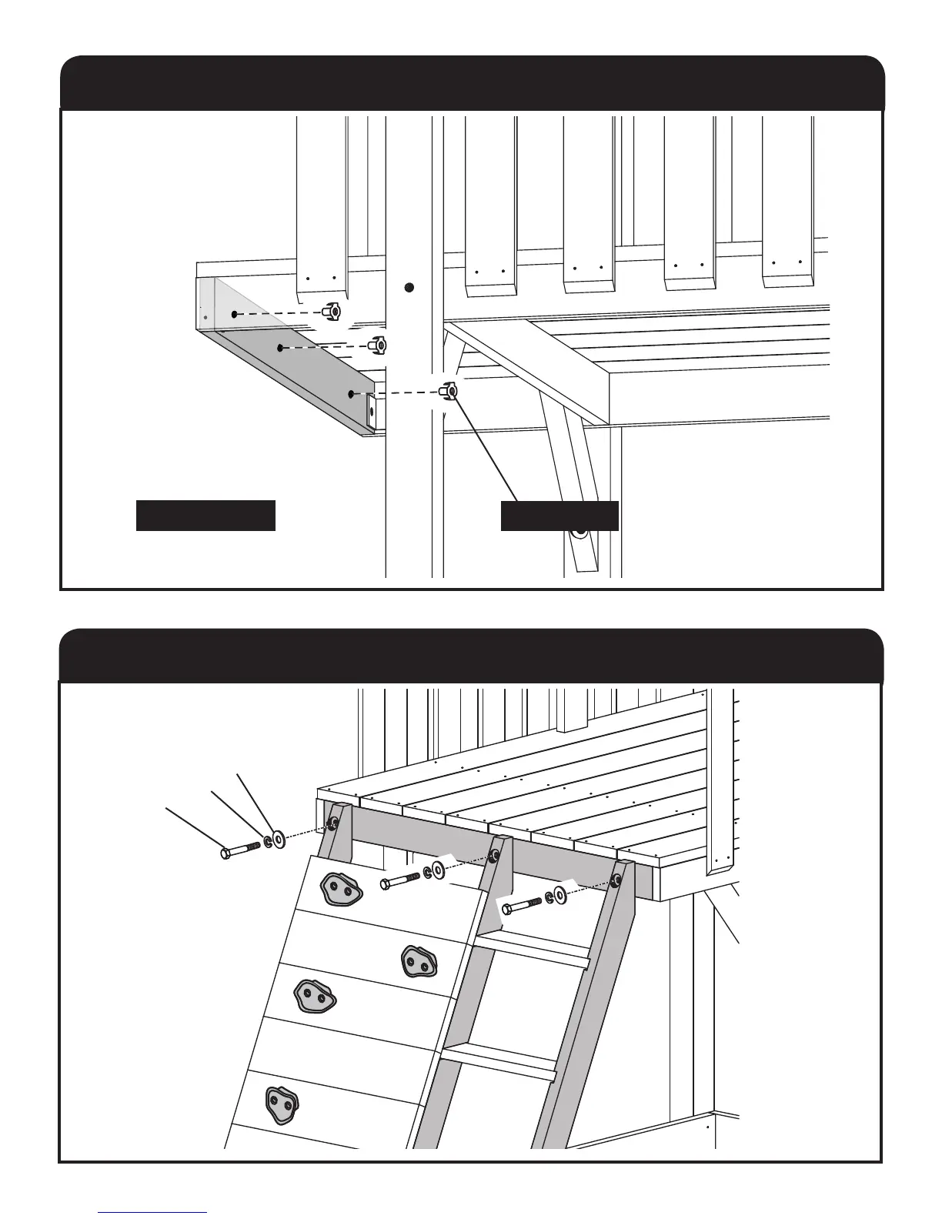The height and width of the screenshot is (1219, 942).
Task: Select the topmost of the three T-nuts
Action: click(x=332, y=312)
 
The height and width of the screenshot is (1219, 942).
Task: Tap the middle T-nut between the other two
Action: click(x=377, y=346)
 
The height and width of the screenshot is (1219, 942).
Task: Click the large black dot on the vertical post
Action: click(x=409, y=288)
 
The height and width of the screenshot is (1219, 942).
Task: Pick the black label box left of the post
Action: click(x=205, y=516)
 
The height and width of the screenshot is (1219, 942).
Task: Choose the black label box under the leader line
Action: click(x=560, y=516)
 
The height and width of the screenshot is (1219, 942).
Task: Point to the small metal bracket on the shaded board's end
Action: click(x=370, y=412)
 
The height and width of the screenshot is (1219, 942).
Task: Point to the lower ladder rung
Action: click(x=499, y=1060)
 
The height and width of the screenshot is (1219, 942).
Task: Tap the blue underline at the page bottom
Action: click(x=153, y=1212)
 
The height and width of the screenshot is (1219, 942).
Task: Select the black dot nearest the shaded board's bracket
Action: click(x=351, y=393)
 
